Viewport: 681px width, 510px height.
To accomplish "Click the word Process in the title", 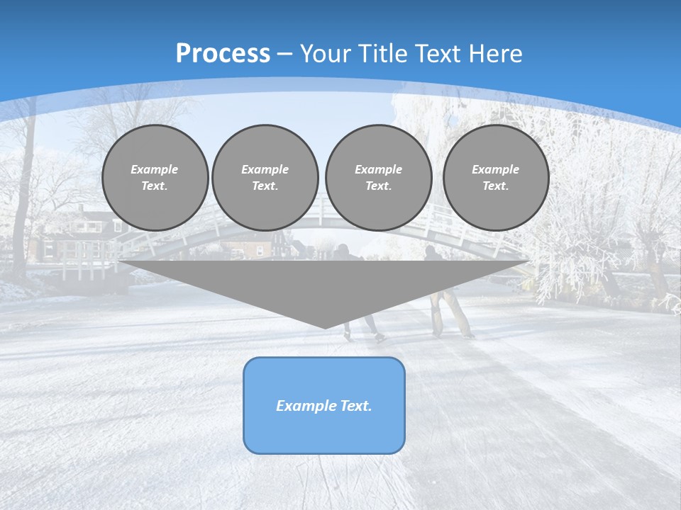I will click(x=223, y=54).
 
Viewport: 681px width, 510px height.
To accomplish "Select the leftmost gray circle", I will click(x=155, y=178).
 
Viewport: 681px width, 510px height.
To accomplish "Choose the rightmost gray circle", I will click(x=496, y=178).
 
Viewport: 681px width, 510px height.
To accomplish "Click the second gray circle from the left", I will click(x=265, y=178).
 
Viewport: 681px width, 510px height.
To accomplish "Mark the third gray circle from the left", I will click(x=378, y=178).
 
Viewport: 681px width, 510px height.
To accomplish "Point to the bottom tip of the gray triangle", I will click(x=325, y=327).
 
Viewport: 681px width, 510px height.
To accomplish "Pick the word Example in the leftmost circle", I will click(x=155, y=169).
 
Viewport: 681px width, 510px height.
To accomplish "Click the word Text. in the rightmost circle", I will click(x=496, y=186).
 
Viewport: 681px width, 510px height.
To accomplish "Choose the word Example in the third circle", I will click(x=378, y=169).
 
